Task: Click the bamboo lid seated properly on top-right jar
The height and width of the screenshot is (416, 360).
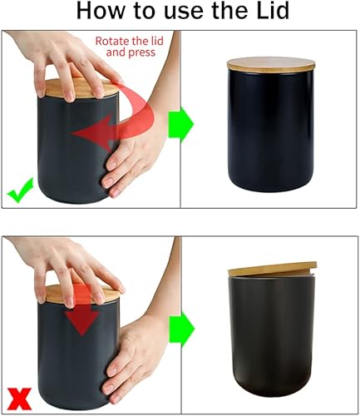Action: pyautogui.click(x=271, y=64)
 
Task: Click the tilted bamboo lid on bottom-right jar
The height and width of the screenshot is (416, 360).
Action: pyautogui.click(x=271, y=270)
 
